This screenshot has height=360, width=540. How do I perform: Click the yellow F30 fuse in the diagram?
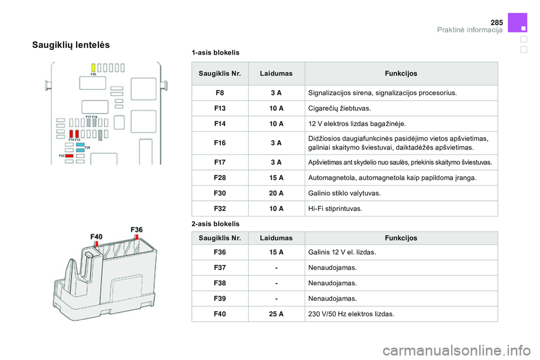click(93, 67)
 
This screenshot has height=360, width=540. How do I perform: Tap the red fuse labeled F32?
click(69, 156)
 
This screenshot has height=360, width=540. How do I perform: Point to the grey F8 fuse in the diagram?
click(100, 134)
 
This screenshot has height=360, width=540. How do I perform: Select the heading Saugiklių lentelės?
click(71, 44)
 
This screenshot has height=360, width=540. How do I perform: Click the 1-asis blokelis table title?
click(215, 52)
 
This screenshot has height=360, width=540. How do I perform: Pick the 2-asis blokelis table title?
click(215, 224)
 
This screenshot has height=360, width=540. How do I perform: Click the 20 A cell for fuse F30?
click(276, 193)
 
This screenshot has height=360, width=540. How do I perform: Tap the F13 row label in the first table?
click(220, 108)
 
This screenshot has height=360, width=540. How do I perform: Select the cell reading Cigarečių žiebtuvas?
click(340, 108)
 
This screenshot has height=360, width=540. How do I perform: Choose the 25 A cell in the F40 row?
click(276, 314)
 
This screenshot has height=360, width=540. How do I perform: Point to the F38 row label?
click(220, 283)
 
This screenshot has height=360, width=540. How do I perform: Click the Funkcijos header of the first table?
click(400, 74)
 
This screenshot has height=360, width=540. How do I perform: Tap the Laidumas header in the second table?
click(276, 238)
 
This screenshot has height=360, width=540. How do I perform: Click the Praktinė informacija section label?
click(470, 30)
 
